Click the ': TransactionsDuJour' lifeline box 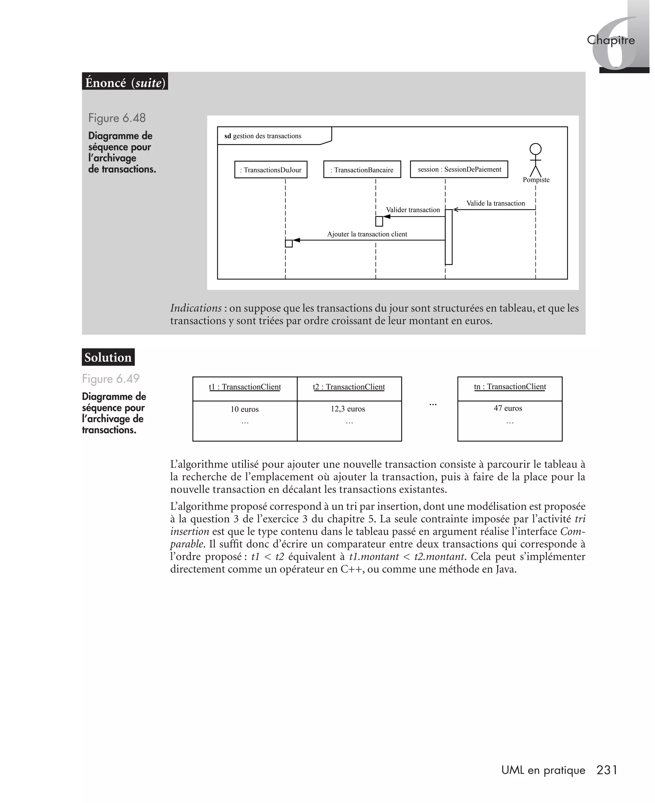[x=271, y=170]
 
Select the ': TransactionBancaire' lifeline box [x=362, y=170]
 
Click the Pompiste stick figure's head [x=535, y=149]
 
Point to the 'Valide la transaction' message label [x=495, y=203]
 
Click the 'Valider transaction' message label [x=413, y=210]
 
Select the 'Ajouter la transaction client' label [x=367, y=234]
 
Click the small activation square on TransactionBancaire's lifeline [x=379, y=221]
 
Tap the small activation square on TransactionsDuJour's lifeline [x=288, y=243]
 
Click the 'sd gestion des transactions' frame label [x=263, y=136]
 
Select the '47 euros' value [x=508, y=408]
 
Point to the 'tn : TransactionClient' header [x=510, y=387]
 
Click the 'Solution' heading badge [x=108, y=357]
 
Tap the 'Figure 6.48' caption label [x=117, y=118]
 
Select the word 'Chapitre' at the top [x=611, y=40]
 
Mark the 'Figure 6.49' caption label [x=111, y=378]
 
